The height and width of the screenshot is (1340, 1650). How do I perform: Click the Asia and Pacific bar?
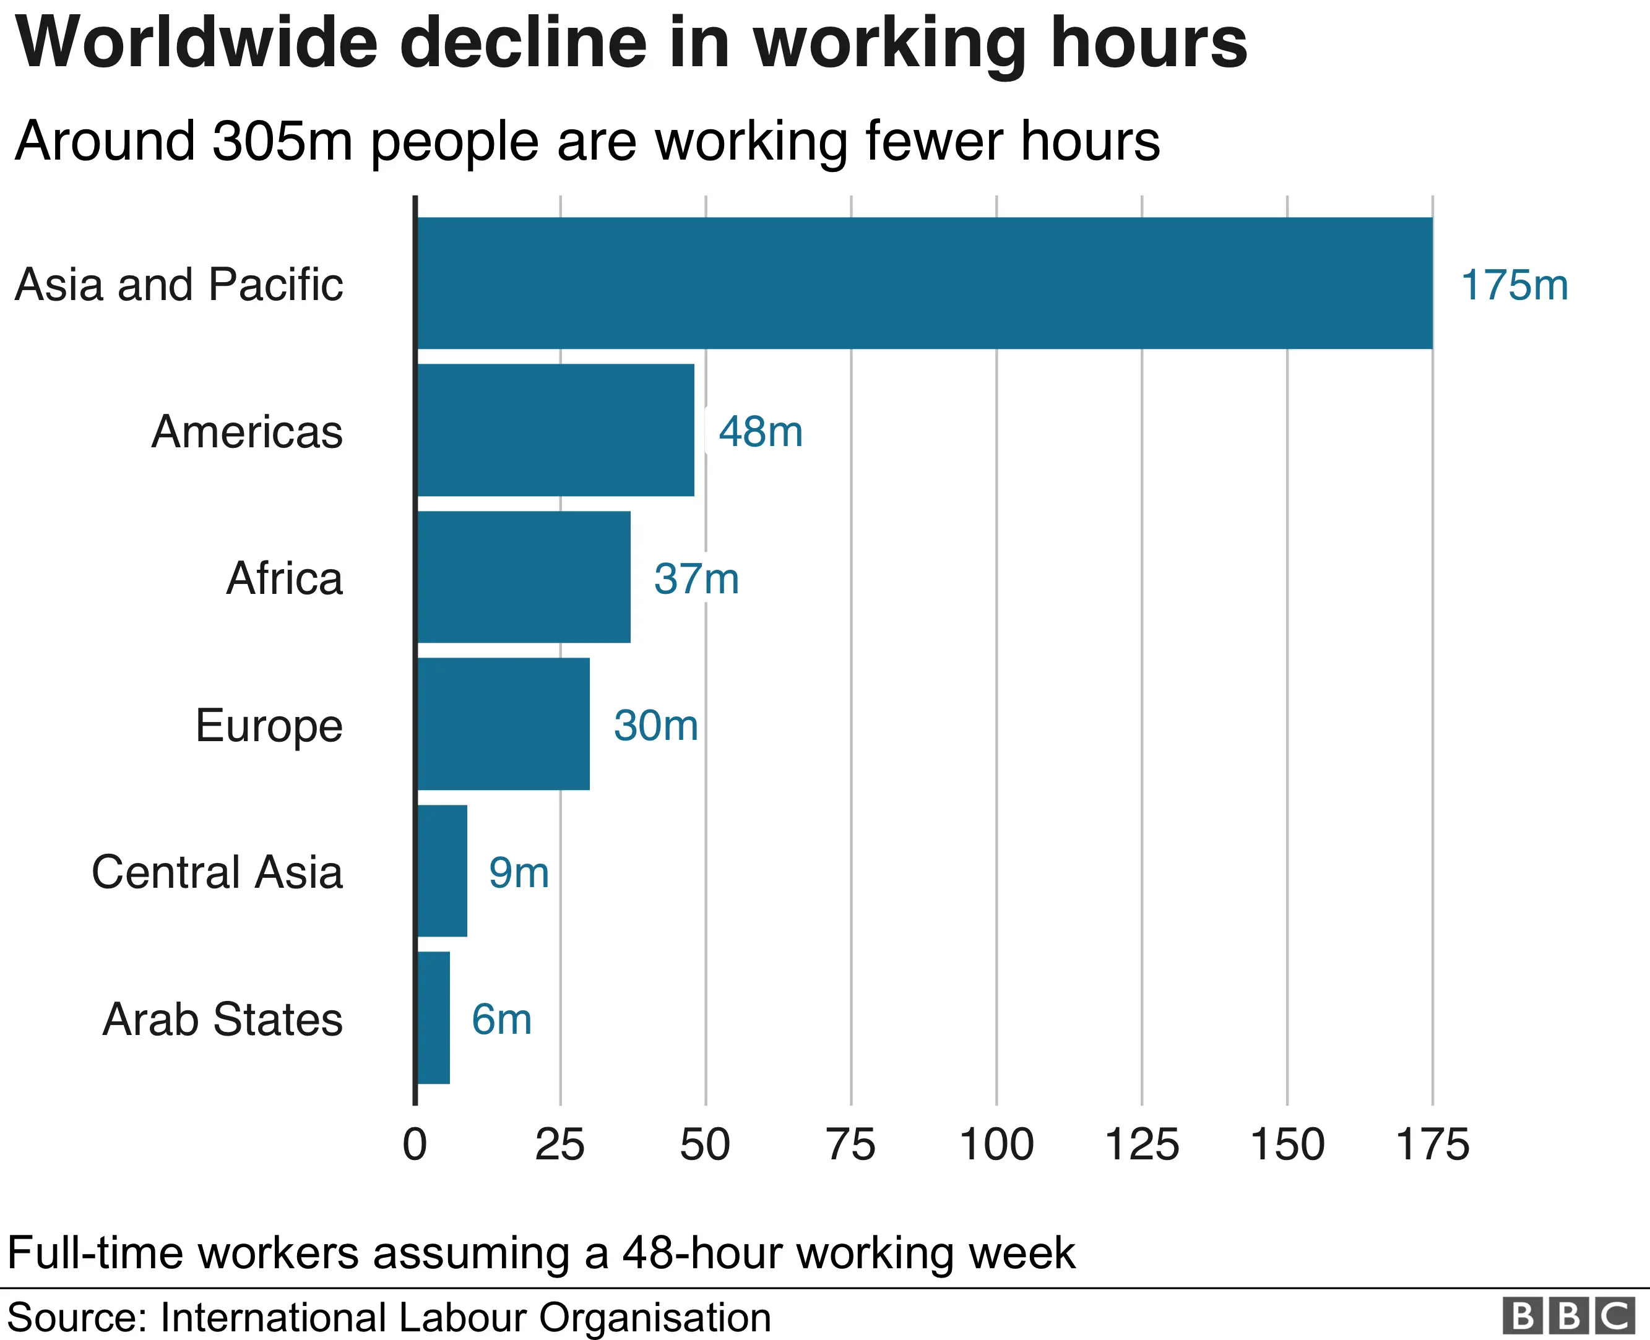pyautogui.click(x=924, y=283)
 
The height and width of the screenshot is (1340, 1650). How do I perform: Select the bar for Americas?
pyautogui.click(x=555, y=430)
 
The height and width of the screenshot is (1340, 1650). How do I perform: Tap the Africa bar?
pyautogui.click(x=524, y=577)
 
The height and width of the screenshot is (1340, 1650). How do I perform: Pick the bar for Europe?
pyautogui.click(x=503, y=724)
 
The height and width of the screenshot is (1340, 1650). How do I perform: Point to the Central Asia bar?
pyautogui.click(x=442, y=870)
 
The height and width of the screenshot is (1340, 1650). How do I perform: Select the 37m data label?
pyautogui.click(x=696, y=579)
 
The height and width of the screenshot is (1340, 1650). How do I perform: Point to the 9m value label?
pyautogui.click(x=519, y=873)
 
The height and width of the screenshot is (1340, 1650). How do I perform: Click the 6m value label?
pyautogui.click(x=502, y=1020)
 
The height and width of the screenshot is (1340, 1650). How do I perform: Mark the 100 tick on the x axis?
pyautogui.click(x=996, y=1145)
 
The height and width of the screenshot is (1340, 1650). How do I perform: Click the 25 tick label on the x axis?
pyautogui.click(x=559, y=1145)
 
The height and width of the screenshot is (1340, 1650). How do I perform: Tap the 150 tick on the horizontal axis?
pyautogui.click(x=1287, y=1145)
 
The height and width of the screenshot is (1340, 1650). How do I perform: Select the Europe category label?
pyautogui.click(x=269, y=726)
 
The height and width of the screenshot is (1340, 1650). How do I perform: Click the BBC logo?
pyautogui.click(x=1570, y=1316)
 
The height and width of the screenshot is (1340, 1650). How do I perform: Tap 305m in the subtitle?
pyautogui.click(x=283, y=141)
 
